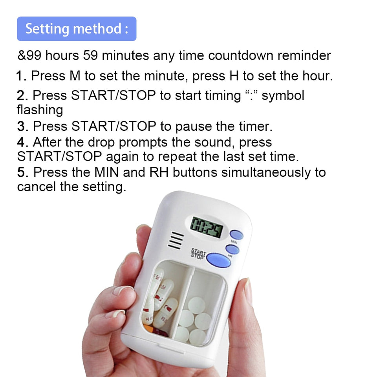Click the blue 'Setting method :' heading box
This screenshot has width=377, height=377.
pyautogui.click(x=77, y=29)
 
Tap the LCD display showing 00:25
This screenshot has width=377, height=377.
pyautogui.click(x=206, y=227)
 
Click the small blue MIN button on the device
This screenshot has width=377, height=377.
pyautogui.click(x=236, y=235)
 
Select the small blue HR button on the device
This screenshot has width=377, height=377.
pyautogui.click(x=232, y=249)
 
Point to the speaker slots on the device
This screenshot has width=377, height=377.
pyautogui.click(x=176, y=240)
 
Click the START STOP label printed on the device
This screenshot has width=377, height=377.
pyautogui.click(x=198, y=253)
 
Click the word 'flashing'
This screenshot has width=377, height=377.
pyautogui.click(x=40, y=110)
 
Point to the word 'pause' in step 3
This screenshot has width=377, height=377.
pyautogui.click(x=193, y=126)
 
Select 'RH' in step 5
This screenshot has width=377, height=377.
pyautogui.click(x=159, y=172)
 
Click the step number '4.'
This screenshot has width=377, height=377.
pyautogui.click(x=22, y=142)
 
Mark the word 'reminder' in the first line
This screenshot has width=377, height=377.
pyautogui.click(x=304, y=56)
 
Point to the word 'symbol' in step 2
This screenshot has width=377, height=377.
pyautogui.click(x=283, y=95)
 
